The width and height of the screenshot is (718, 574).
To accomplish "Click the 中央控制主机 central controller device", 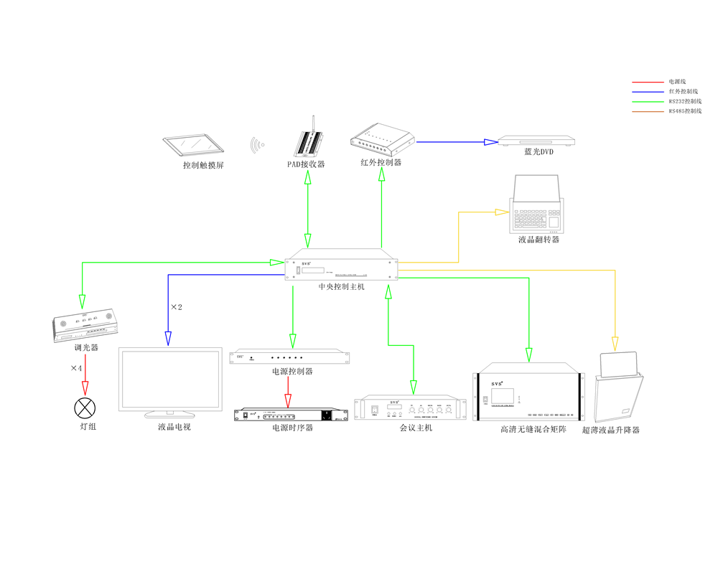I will pyautogui.click(x=342, y=267).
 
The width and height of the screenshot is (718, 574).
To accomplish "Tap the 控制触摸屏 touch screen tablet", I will pyautogui.click(x=190, y=144).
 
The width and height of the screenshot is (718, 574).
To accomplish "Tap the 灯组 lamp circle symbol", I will pyautogui.click(x=85, y=409).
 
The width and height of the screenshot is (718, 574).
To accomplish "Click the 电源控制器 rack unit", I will pyautogui.click(x=292, y=357).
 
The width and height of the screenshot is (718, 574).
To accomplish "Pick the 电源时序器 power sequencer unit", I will pyautogui.click(x=290, y=415).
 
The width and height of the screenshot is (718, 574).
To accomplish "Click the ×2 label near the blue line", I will pyautogui.click(x=177, y=307).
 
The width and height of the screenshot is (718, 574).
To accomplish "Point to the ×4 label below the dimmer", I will pyautogui.click(x=76, y=368).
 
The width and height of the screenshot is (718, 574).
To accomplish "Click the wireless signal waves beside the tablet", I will pyautogui.click(x=257, y=145).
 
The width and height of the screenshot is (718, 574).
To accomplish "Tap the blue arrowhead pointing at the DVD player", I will pyautogui.click(x=490, y=142).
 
